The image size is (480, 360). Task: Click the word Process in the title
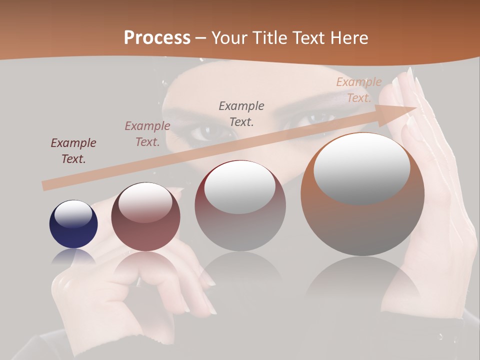(x=157, y=37)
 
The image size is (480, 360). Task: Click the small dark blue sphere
(x=73, y=224)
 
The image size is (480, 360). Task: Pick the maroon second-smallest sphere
(x=145, y=216)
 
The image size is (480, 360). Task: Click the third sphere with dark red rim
(x=240, y=205)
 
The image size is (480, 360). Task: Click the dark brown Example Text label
(x=73, y=150)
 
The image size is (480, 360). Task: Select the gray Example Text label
(x=241, y=113)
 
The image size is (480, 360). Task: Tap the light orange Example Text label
(x=359, y=90)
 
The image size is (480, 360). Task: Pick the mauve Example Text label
(x=147, y=133)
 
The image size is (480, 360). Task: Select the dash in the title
(x=201, y=38)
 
